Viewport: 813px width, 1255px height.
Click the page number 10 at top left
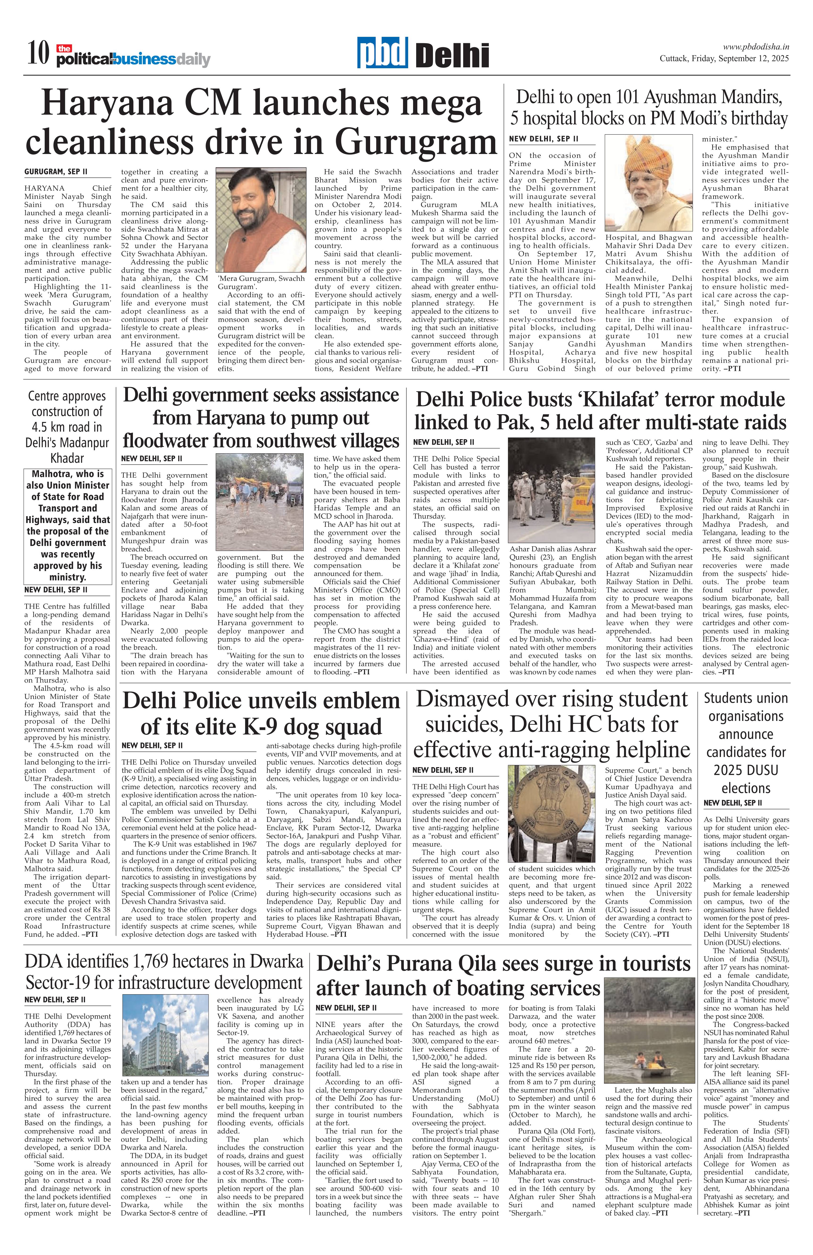[x=38, y=54]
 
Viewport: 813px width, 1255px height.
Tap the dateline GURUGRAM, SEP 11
[x=56, y=172]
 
